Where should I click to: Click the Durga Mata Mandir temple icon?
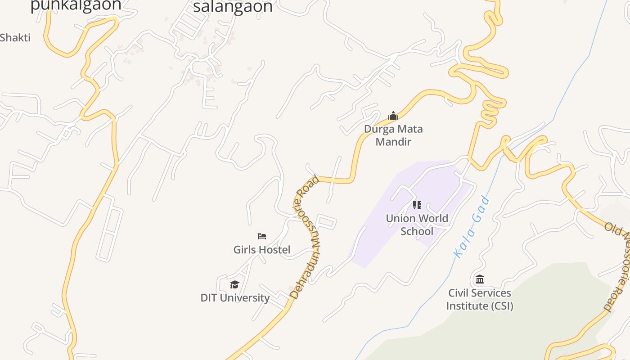point(393,116)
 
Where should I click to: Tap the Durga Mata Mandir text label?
point(393,135)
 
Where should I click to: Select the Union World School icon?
point(417,206)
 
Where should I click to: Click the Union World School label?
point(417,225)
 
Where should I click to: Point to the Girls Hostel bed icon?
point(262,236)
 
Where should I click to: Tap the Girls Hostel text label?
point(262,250)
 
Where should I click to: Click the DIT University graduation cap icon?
point(234,284)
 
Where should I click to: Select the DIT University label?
point(235,298)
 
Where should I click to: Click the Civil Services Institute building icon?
point(480,279)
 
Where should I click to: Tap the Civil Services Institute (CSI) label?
point(480,299)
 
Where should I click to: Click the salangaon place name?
point(233,7)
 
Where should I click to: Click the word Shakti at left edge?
point(15,38)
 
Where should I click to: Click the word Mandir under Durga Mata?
point(393,142)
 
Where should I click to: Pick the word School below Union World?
point(417,232)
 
